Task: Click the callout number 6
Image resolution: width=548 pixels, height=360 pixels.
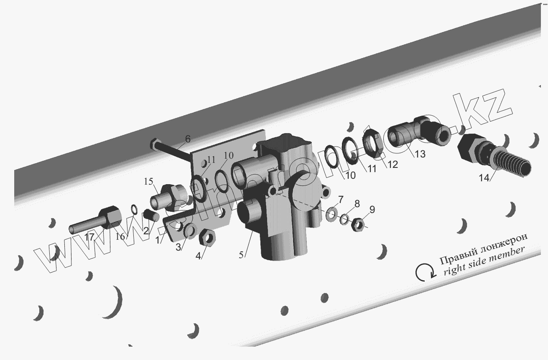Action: click(188, 139)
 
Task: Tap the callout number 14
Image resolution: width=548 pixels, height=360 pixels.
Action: click(484, 178)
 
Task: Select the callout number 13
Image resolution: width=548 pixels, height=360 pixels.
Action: click(420, 154)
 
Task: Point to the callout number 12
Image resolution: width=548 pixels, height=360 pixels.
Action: click(393, 165)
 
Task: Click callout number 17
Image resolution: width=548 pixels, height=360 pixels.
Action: click(89, 237)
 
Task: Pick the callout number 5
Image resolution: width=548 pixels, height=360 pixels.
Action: click(241, 255)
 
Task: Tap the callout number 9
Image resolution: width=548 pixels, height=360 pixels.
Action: click(372, 210)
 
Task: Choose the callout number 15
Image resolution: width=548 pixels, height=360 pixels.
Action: click(148, 181)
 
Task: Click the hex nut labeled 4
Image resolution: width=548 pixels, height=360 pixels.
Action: click(208, 237)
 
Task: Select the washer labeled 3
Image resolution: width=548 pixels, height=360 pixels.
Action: click(190, 231)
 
